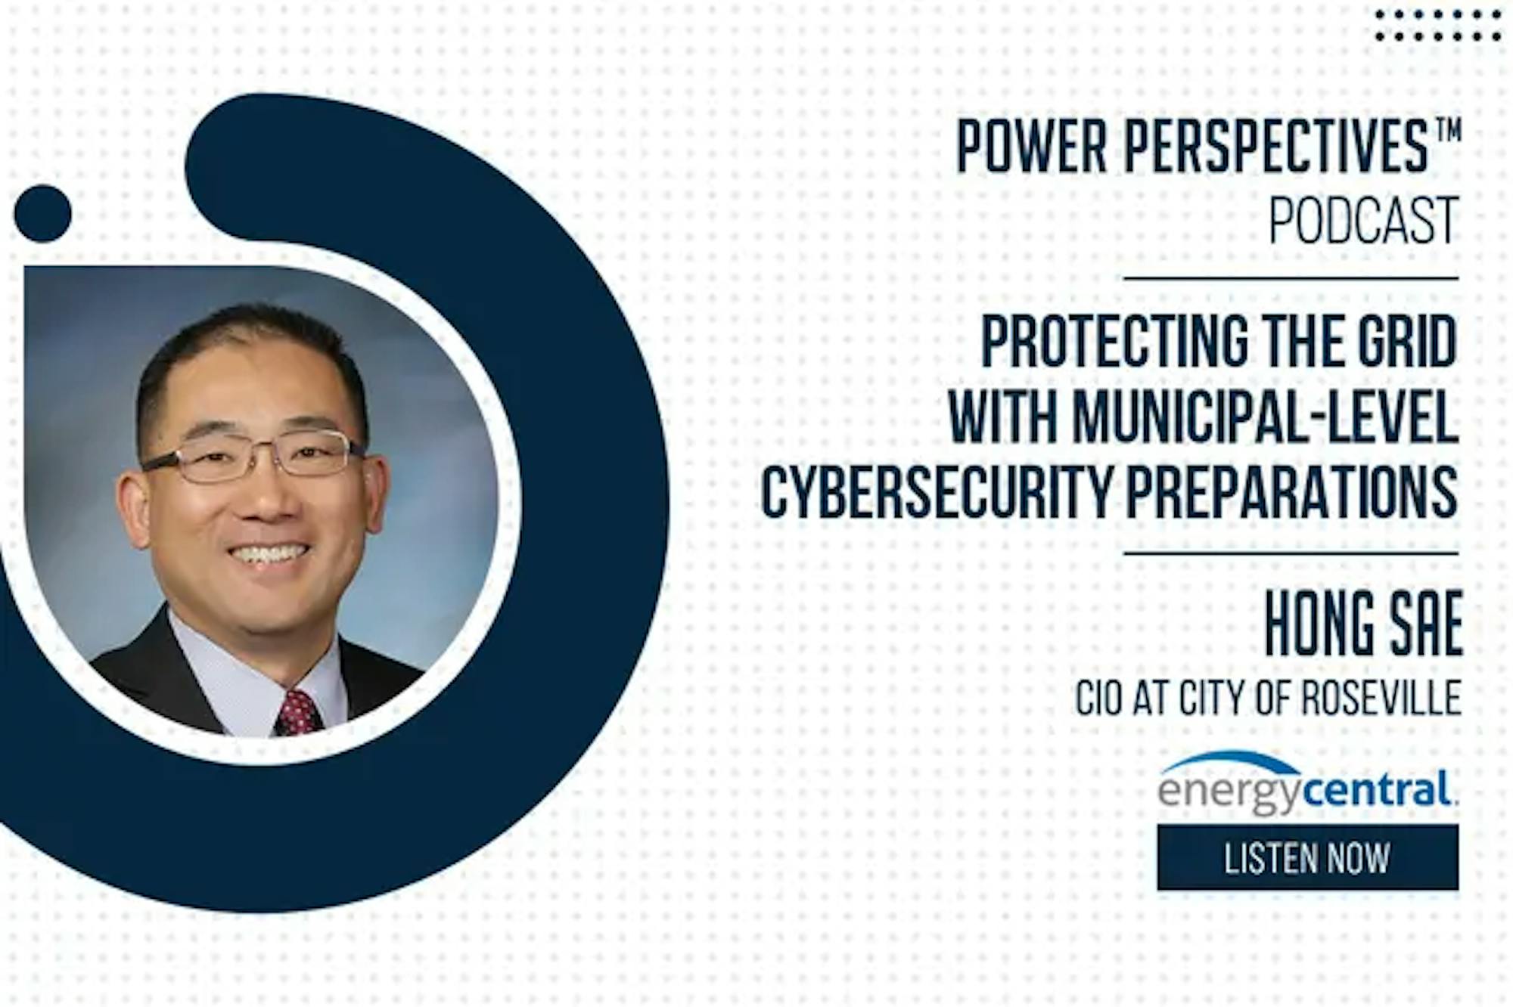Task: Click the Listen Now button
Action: (1307, 857)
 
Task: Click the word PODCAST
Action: (1364, 220)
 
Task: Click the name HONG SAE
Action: (1363, 624)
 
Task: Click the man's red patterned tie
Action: (298, 712)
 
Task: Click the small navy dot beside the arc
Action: (43, 214)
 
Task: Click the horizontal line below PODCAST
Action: (1291, 279)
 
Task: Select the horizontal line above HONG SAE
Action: (1291, 554)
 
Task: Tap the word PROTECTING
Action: (1115, 341)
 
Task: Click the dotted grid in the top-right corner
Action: (1437, 25)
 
